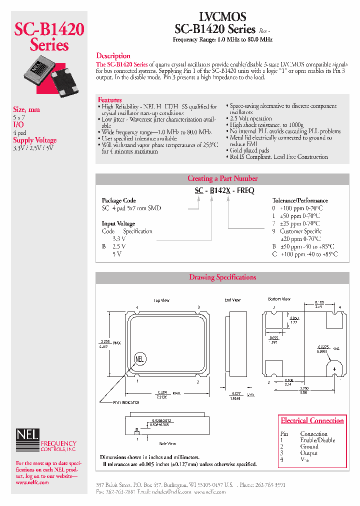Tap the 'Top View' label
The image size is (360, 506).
pyautogui.click(x=161, y=300)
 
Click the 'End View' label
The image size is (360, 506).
pyautogui.click(x=232, y=300)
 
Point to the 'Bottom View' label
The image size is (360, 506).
pyautogui.click(x=279, y=299)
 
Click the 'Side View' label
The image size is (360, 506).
pyautogui.click(x=167, y=443)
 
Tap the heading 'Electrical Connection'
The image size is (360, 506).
pyautogui.click(x=312, y=421)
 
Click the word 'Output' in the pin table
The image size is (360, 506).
pyautogui.click(x=308, y=453)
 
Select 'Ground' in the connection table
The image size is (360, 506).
pyautogui.click(x=309, y=446)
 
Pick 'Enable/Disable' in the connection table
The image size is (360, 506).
pyautogui.click(x=317, y=440)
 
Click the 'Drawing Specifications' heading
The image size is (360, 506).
pyautogui.click(x=222, y=277)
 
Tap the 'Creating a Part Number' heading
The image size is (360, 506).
pyautogui.click(x=222, y=178)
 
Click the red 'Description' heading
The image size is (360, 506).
pyautogui.click(x=113, y=56)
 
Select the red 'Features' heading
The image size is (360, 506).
pyautogui.click(x=110, y=100)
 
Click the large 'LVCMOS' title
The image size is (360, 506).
pyautogui.click(x=222, y=17)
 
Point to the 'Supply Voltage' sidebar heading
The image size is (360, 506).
pyautogui.click(x=35, y=140)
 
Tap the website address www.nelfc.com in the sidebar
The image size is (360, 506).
pyautogui.click(x=32, y=482)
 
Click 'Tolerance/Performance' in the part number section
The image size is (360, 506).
pyautogui.click(x=300, y=200)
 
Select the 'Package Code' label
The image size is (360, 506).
pyautogui.click(x=119, y=200)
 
